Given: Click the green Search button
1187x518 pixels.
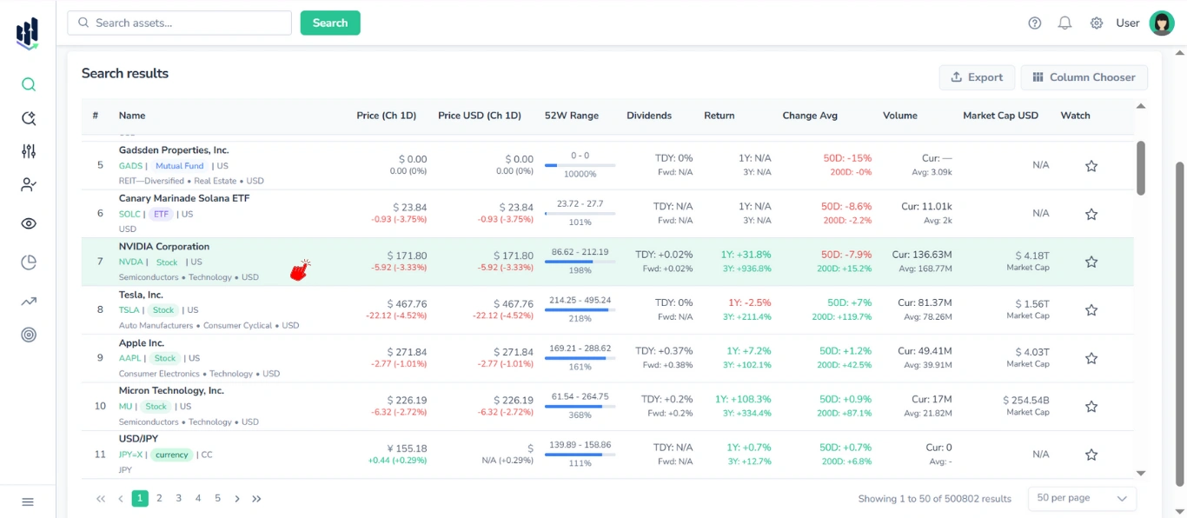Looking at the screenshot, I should click(x=330, y=23).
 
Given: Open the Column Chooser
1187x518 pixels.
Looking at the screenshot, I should click(x=1084, y=77).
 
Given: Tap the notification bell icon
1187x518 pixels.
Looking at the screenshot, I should click(x=1064, y=23).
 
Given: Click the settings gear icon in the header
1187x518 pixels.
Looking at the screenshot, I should click(x=1097, y=23).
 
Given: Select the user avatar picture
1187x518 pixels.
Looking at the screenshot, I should click(x=1161, y=23).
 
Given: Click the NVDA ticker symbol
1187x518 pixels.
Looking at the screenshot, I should click(x=130, y=262).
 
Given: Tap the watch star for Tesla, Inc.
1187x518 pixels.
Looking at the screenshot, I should click(x=1091, y=310).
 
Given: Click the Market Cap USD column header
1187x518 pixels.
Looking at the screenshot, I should click(x=1000, y=116).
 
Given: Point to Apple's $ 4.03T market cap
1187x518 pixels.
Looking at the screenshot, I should click(x=1031, y=352).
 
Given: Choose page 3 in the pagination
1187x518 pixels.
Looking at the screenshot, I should click(x=179, y=499).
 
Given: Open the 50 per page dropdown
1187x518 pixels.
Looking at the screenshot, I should click(x=1081, y=499).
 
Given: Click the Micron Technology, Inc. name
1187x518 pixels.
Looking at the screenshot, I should click(x=171, y=391).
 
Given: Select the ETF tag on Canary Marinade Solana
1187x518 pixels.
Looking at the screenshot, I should click(x=162, y=214).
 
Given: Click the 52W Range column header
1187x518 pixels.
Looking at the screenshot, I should click(x=571, y=116).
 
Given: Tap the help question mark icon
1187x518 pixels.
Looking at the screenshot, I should click(x=1034, y=23).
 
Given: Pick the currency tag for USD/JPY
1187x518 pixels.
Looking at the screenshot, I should click(x=172, y=455).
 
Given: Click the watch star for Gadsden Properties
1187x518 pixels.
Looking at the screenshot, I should click(x=1091, y=166).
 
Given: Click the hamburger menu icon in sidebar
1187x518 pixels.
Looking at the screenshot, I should click(x=28, y=501).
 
